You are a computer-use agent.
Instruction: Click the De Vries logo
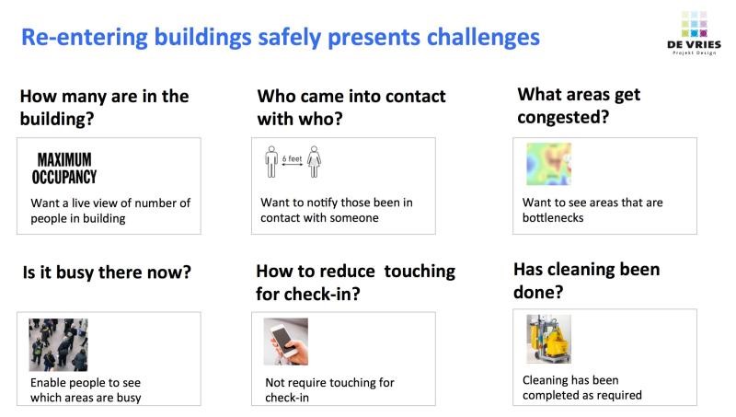pyautogui.click(x=694, y=33)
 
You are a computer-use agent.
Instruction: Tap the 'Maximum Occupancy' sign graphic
pyautogui.click(x=64, y=168)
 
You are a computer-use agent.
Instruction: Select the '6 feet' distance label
pyautogui.click(x=292, y=158)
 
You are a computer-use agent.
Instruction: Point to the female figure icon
pyautogui.click(x=314, y=161)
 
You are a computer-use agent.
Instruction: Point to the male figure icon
pyautogui.click(x=271, y=161)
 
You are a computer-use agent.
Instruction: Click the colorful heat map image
pyautogui.click(x=548, y=164)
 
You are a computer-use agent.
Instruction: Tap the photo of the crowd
pyautogui.click(x=58, y=344)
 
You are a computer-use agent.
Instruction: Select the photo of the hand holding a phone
pyautogui.click(x=286, y=342)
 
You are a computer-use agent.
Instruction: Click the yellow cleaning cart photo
pyautogui.click(x=548, y=339)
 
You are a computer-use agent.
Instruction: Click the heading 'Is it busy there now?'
pyautogui.click(x=107, y=272)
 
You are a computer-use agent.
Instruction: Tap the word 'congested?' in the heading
pyautogui.click(x=563, y=118)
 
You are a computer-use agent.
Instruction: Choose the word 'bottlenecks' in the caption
pyautogui.click(x=553, y=218)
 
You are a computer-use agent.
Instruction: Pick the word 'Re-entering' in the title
pyautogui.click(x=85, y=38)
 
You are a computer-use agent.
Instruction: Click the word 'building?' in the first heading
pyautogui.click(x=57, y=120)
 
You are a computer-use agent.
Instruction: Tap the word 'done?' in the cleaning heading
pyautogui.click(x=538, y=293)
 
